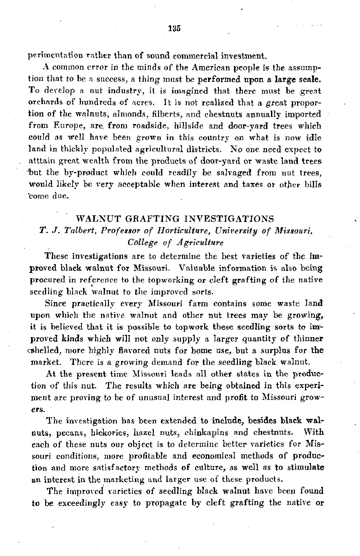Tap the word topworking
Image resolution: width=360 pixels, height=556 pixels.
pos(166,280)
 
